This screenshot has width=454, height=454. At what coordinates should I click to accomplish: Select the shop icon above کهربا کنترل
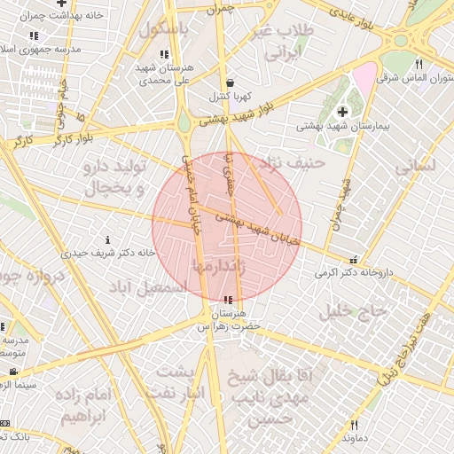[230, 82]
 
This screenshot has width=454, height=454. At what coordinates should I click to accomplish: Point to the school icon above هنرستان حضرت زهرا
[229, 300]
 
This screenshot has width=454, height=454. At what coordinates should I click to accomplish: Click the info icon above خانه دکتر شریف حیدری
[108, 240]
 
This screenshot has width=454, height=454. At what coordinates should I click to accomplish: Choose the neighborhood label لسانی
[415, 165]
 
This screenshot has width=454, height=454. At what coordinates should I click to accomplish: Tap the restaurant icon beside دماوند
[354, 425]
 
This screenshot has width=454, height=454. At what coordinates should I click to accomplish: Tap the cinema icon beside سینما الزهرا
[12, 372]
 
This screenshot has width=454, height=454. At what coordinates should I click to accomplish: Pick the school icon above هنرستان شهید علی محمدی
[162, 54]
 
